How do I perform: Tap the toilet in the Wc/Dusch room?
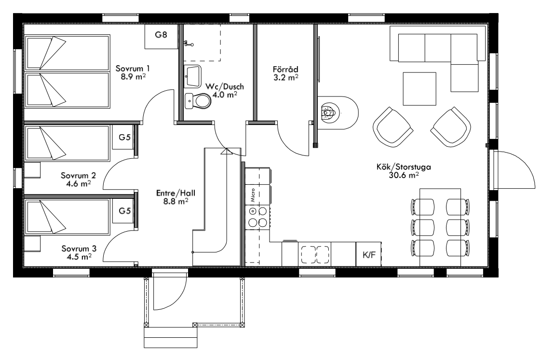click(198, 101)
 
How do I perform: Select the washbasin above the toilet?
click(192, 76)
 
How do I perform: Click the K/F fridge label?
click(369, 255)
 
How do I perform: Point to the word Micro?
click(253, 195)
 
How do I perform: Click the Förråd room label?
click(285, 69)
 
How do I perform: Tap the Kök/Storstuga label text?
click(404, 167)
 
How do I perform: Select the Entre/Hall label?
click(176, 193)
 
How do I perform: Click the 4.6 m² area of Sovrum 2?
click(79, 183)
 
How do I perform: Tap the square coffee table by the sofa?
click(420, 89)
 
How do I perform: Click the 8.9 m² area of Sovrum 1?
click(133, 76)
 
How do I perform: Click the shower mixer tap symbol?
click(189, 43)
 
